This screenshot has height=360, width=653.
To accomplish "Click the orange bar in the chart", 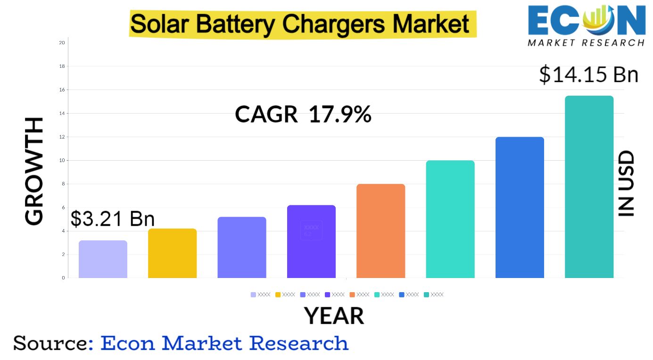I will (380, 231).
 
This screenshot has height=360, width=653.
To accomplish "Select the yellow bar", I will (172, 253).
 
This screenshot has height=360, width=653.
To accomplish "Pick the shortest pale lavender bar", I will (103, 259).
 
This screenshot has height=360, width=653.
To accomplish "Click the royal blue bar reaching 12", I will (520, 207).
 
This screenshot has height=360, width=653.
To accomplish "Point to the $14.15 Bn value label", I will (588, 75).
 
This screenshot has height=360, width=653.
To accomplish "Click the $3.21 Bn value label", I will (113, 219).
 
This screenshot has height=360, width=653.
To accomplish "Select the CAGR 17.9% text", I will (303, 115).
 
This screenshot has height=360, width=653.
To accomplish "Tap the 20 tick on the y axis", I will (62, 43).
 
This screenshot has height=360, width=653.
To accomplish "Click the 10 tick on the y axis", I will (62, 161).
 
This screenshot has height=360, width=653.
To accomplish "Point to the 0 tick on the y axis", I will (63, 278).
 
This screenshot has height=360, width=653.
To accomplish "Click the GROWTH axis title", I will (34, 172).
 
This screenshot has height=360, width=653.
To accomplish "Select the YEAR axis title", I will (334, 316).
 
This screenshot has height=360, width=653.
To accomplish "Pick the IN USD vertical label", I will (627, 184).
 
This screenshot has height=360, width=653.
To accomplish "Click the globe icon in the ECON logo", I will (597, 20).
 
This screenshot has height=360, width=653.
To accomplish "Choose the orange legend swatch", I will (352, 295).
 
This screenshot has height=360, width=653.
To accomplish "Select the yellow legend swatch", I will (278, 295).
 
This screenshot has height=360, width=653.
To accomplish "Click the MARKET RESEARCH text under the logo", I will (586, 43).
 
